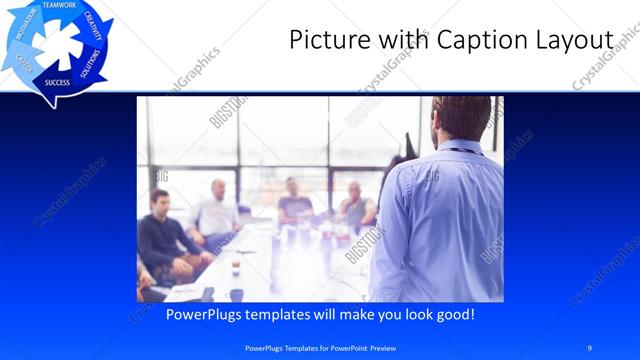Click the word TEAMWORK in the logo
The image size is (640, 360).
(x=59, y=6)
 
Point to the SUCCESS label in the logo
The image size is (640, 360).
(x=57, y=83)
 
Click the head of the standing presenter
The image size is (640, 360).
(x=461, y=117)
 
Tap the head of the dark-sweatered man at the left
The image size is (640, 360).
(x=159, y=199)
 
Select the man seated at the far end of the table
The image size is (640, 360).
(x=293, y=196)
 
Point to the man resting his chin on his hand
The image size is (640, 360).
(x=354, y=200)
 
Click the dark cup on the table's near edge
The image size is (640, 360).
(x=236, y=294)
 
